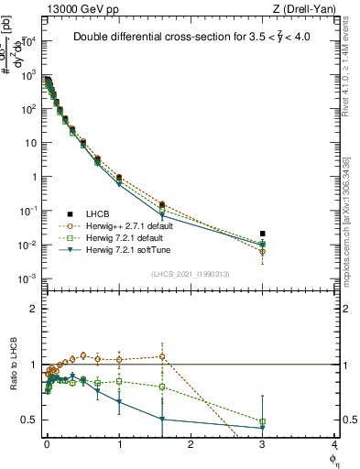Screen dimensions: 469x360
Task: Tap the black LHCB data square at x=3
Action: tap(263, 234)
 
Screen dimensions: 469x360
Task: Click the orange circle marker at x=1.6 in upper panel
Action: tap(161, 205)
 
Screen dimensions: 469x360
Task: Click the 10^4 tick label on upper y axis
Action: tap(28, 41)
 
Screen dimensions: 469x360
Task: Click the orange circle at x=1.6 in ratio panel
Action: tap(161, 356)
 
